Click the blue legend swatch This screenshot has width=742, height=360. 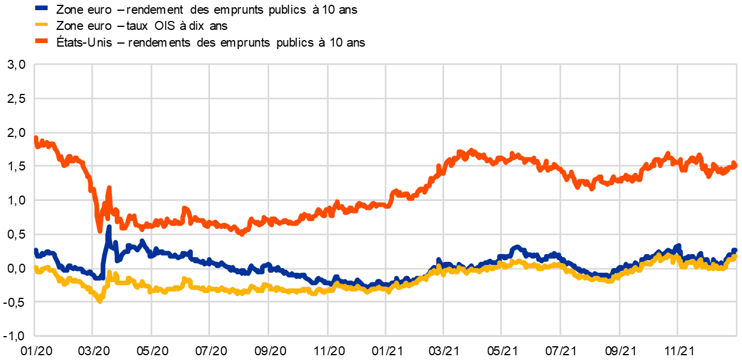pos(41,8)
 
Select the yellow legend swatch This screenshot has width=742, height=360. pos(41,25)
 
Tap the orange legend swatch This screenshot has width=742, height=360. pos(41,41)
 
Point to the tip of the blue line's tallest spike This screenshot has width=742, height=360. pos(109,227)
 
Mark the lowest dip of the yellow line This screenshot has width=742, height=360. pos(100,301)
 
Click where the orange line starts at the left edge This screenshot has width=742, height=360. pos(35,138)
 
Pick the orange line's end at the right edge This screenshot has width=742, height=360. pos(735,165)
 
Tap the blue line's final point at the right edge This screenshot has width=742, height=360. pos(735,251)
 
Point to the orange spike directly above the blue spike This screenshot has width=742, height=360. pos(109,188)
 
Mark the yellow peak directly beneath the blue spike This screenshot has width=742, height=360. pos(109,273)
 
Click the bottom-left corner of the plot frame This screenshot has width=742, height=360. pos(34,336)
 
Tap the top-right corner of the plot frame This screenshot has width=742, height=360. pos(737,64)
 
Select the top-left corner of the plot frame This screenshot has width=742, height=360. pos(34,64)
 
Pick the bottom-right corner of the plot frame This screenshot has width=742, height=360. pos(737,336)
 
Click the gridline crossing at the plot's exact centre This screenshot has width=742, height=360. pos(385,200)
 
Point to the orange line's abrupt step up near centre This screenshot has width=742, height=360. pos(392,193)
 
